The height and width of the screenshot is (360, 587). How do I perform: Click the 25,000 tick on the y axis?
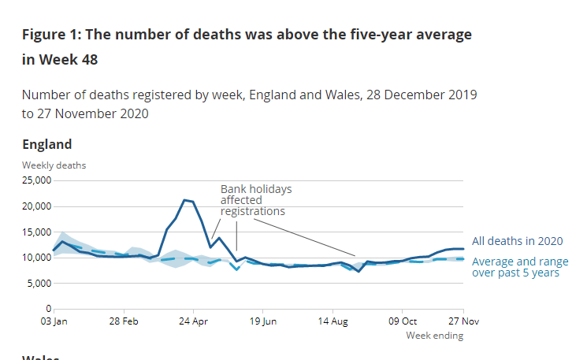[36, 180]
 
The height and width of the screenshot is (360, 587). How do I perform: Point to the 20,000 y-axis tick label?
[36, 206]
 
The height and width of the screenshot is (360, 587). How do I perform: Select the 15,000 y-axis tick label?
[36, 232]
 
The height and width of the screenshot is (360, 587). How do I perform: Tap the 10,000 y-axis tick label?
[36, 258]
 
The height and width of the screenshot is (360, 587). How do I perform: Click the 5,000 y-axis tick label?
[39, 283]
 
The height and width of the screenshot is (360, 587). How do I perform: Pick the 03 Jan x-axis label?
[54, 321]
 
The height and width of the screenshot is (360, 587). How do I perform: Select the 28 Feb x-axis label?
[124, 321]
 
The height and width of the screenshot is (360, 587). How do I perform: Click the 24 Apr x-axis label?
[193, 321]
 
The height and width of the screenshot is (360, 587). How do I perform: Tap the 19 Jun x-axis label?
[263, 321]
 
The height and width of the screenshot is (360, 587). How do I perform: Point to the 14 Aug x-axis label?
[333, 321]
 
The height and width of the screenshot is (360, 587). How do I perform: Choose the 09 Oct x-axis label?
[403, 321]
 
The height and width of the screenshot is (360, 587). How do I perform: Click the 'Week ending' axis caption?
[434, 336]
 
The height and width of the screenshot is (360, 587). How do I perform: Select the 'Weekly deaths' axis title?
[54, 165]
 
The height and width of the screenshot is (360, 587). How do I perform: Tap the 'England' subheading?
[46, 144]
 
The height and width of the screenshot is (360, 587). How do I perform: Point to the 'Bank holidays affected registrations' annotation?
[255, 200]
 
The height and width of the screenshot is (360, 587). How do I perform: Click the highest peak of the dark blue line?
[184, 200]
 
